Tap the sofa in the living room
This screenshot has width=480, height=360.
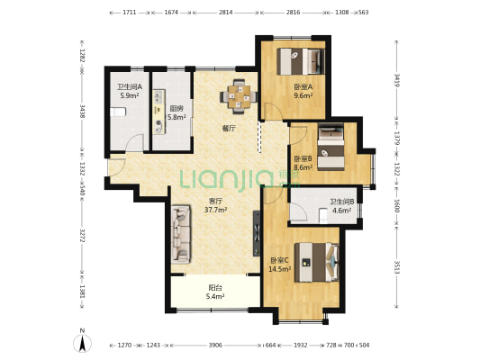coord(181,235)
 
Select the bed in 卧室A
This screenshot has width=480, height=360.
coord(301,61)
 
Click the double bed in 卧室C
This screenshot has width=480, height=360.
coord(317,262)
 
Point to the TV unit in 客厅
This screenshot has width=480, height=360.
coord(257,233)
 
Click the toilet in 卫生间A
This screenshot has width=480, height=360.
coord(119,112)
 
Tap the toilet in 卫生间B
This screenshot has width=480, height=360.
coord(323,215)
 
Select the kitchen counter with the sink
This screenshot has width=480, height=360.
coord(159,112)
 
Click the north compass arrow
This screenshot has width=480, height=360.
coord(82,343)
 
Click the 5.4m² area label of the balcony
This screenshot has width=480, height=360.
coord(215,296)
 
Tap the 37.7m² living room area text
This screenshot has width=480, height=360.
coord(215,210)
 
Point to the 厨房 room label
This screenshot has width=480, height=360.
coord(177,109)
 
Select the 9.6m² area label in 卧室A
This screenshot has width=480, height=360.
coord(303,95)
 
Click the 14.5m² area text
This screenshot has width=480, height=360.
coord(279,269)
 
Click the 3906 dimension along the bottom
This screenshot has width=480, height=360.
coord(215,346)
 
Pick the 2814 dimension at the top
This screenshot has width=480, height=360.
coord(226,13)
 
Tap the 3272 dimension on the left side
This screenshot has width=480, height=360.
coord(82,235)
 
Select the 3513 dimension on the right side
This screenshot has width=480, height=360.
coord(396,267)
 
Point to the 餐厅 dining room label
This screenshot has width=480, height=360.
coord(229,129)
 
